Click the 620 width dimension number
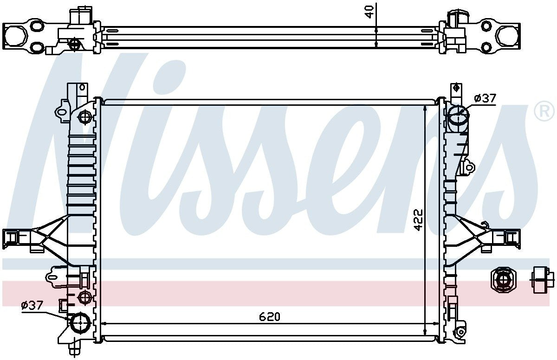click(270, 317)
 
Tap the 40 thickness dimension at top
click(370, 12)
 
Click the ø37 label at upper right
click(485, 98)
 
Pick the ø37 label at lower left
click(32, 305)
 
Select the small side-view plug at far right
click(542, 281)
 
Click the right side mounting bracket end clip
click(511, 237)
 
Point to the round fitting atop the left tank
click(84, 118)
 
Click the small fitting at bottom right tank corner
click(460, 332)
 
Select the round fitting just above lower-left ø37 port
click(84, 296)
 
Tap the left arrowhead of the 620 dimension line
click(104, 323)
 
